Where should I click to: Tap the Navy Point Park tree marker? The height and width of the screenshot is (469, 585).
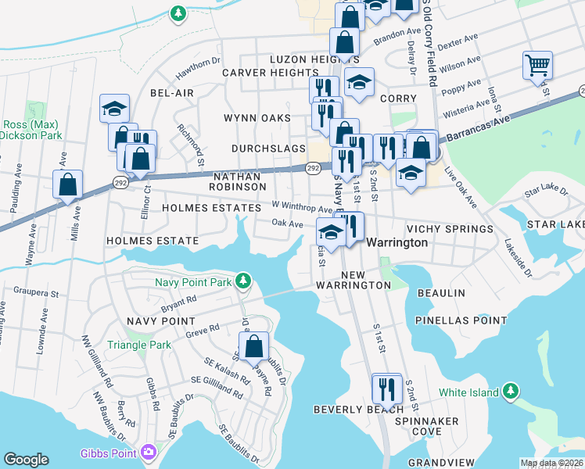(243, 280)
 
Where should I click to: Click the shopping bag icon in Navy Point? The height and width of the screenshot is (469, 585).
(254, 345)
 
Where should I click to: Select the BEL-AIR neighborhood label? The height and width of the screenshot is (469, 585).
(171, 93)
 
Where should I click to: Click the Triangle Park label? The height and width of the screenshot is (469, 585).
(139, 345)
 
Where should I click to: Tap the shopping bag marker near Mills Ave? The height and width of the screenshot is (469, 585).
(68, 185)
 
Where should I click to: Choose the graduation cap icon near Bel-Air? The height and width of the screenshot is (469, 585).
(114, 108)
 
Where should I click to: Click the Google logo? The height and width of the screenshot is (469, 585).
(26, 460)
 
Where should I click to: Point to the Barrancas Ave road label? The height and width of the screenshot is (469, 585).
(479, 126)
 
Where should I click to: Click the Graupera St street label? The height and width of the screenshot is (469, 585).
(37, 294)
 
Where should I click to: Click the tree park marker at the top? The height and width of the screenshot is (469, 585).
(178, 13)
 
